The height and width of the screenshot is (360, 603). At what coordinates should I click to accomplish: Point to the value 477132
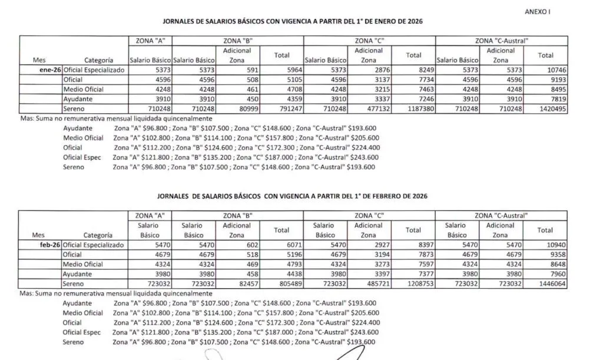[370, 108]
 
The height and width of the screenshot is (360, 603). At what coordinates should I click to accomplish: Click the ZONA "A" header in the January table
[150, 41]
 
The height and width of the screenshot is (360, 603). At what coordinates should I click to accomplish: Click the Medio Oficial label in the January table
[84, 89]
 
